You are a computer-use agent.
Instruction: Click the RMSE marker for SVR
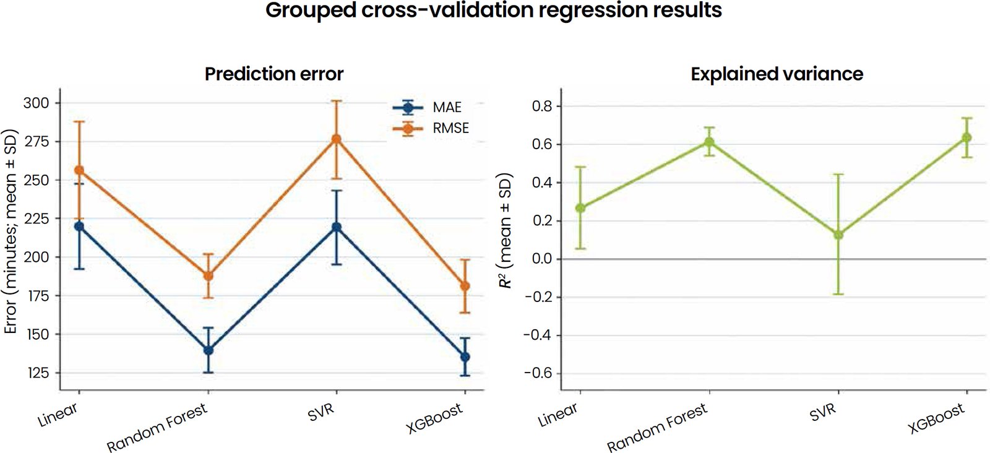[x=337, y=139]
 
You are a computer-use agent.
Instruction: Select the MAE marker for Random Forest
[x=208, y=350]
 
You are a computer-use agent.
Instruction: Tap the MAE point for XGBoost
[x=465, y=356]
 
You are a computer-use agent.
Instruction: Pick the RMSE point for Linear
[x=79, y=170]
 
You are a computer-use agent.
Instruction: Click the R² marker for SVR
[x=838, y=235]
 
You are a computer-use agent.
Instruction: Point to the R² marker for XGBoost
[x=967, y=137]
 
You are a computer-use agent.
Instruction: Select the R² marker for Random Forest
[x=709, y=142]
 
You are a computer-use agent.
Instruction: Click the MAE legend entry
[x=427, y=107]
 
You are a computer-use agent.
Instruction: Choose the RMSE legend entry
[x=431, y=128]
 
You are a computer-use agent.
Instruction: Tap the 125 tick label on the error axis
[x=37, y=373]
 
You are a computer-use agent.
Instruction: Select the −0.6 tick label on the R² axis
[x=539, y=373]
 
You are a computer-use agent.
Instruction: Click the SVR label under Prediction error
[x=321, y=412]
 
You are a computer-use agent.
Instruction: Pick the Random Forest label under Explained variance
[x=657, y=428]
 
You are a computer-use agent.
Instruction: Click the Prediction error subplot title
[x=274, y=74]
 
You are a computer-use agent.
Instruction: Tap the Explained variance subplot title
[x=777, y=74]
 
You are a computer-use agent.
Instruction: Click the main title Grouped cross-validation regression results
[x=494, y=10]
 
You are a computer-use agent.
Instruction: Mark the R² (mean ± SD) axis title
[x=505, y=230]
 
